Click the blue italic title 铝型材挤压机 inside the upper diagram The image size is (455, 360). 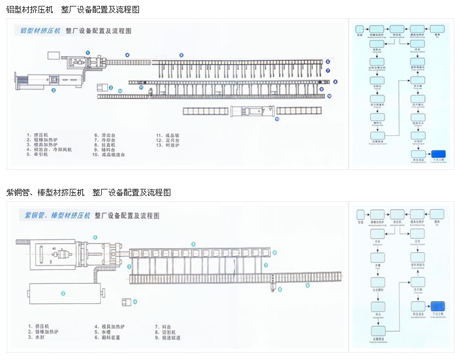click(x=40, y=31)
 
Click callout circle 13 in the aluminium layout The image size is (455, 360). click(x=276, y=120)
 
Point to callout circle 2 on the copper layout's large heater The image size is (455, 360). click(x=63, y=294)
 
